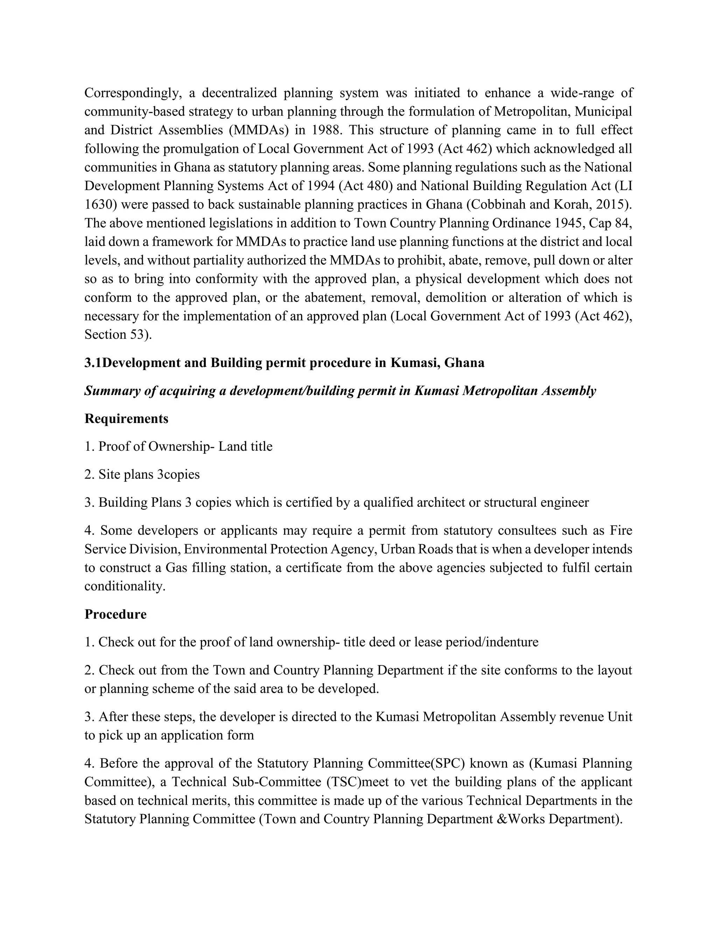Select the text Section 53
point(117,335)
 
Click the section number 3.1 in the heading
point(93,363)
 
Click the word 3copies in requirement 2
point(179,475)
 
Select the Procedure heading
point(116,615)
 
